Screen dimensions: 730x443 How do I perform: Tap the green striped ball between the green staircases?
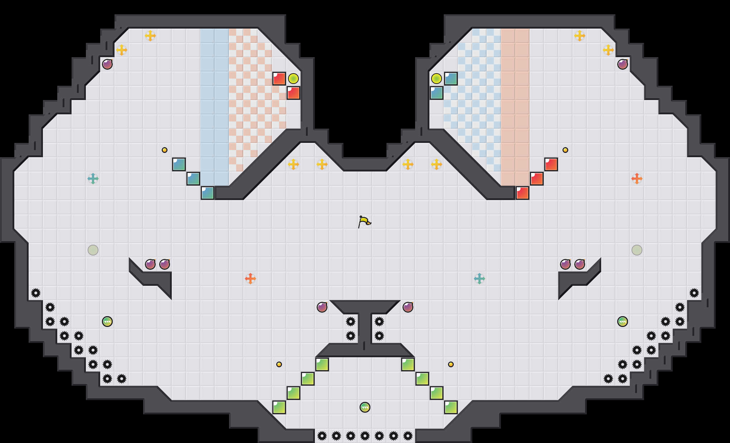pyautogui.click(x=365, y=407)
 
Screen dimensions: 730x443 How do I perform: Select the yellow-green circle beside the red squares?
pyautogui.click(x=293, y=78)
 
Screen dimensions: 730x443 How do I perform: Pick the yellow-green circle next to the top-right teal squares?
pyautogui.click(x=436, y=78)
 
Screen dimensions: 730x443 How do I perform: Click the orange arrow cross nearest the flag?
pyautogui.click(x=250, y=278)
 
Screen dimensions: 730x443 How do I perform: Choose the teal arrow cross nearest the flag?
pyautogui.click(x=479, y=278)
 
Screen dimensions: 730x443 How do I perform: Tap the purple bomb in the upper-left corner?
pyautogui.click(x=107, y=64)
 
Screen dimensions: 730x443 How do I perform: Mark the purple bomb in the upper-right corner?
pyautogui.click(x=622, y=64)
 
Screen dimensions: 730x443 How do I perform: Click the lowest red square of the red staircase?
pyautogui.click(x=522, y=193)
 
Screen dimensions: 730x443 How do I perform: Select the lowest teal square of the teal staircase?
pyautogui.click(x=208, y=193)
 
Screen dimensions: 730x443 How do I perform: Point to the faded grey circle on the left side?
pyautogui.click(x=93, y=250)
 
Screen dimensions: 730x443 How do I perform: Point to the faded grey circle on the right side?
pyautogui.click(x=637, y=250)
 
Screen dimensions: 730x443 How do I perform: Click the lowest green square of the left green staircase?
pyautogui.click(x=279, y=407)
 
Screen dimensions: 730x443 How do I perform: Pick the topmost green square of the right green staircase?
pyautogui.click(x=408, y=364)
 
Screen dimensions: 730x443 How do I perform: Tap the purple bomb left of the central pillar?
pyautogui.click(x=322, y=307)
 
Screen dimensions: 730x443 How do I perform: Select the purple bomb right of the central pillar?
pyautogui.click(x=408, y=307)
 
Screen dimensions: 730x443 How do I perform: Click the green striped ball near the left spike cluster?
pyautogui.click(x=107, y=322)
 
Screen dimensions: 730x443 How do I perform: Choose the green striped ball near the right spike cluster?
pyautogui.click(x=622, y=322)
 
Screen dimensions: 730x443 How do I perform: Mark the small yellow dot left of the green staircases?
pyautogui.click(x=279, y=364)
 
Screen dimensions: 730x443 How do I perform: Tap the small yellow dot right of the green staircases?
pyautogui.click(x=451, y=364)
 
